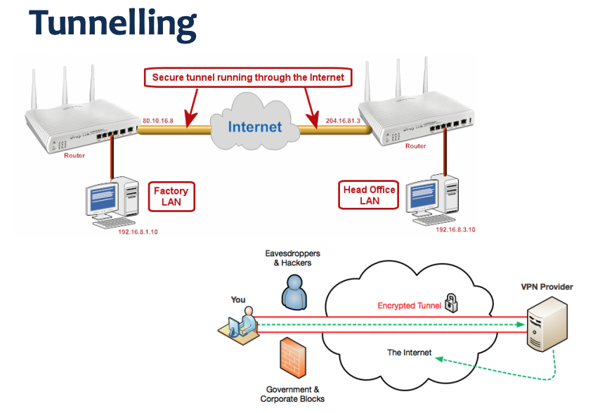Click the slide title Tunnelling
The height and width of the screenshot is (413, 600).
tap(112, 22)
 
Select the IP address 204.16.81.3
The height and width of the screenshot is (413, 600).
tap(343, 121)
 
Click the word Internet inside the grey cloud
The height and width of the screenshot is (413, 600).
tap(254, 126)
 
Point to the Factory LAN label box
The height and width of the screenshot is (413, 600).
tap(171, 196)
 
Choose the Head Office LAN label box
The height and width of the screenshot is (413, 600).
tap(369, 195)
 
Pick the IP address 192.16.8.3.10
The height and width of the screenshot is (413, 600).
tap(455, 229)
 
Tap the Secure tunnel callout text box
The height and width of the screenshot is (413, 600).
tap(248, 77)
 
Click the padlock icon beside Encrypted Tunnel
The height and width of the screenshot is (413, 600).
tap(451, 303)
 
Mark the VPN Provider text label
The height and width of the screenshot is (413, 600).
tap(547, 287)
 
